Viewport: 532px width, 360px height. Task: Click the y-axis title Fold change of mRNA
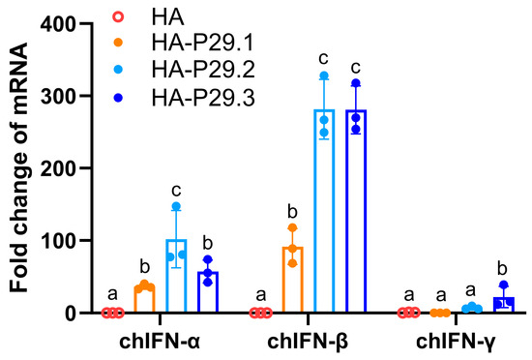click(17, 169)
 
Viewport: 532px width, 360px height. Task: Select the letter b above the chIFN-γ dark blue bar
click(503, 267)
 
